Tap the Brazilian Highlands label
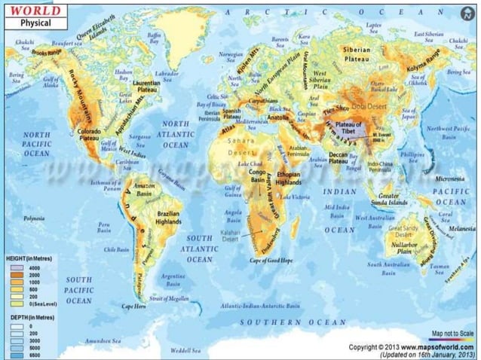tap(168, 218)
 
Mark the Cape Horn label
tap(133, 306)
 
